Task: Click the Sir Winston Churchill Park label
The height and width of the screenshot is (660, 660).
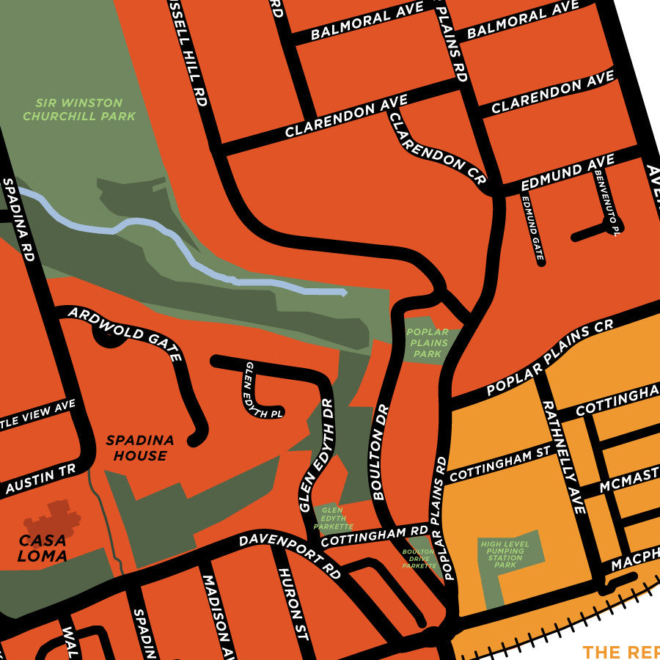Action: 79,109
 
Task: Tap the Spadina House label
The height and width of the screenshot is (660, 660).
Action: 140,448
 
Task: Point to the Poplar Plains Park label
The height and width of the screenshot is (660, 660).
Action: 428,343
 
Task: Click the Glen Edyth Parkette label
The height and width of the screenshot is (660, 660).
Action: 334,517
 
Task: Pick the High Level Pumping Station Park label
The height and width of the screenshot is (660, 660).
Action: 505,554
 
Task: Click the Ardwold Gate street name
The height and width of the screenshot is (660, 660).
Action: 125,334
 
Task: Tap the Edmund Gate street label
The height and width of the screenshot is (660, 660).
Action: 533,227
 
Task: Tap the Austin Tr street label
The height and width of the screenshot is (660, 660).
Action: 40,481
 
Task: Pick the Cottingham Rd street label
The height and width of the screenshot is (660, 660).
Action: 374,535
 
